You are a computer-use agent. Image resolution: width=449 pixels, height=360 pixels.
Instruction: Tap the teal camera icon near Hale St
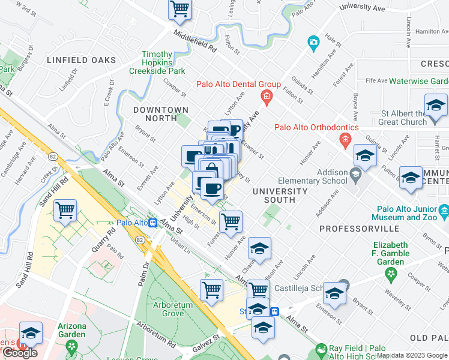click(x=313, y=43)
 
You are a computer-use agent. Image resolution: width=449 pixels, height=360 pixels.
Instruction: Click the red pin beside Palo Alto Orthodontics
click(x=345, y=140)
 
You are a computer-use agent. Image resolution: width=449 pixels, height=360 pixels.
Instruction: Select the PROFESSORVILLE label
click(x=359, y=229)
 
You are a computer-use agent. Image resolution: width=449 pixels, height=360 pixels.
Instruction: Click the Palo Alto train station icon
click(x=153, y=223)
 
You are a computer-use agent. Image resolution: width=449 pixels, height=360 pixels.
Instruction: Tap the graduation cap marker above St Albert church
click(x=436, y=106)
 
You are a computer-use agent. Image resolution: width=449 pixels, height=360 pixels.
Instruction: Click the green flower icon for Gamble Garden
click(x=392, y=274)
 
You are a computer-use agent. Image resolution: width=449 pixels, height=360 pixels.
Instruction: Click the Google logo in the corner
click(x=20, y=353)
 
